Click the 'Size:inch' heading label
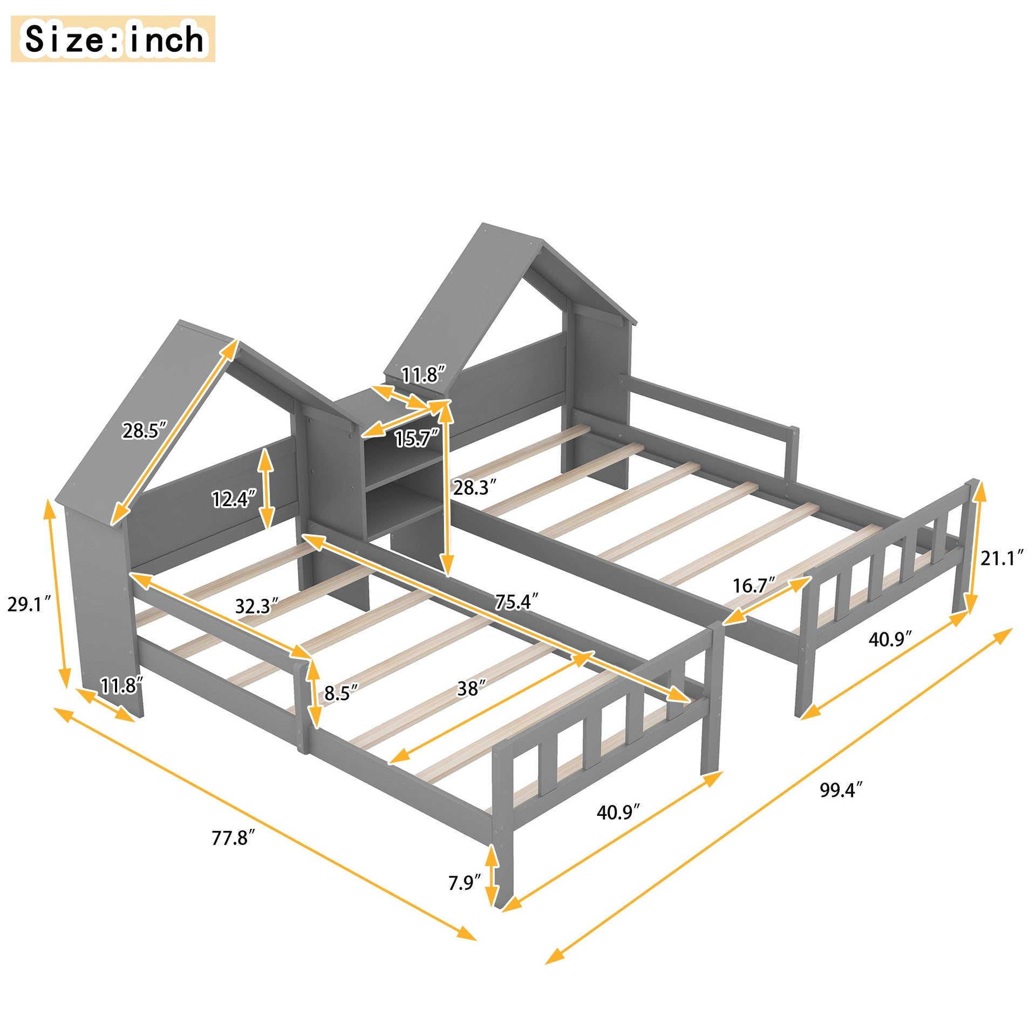(113, 39)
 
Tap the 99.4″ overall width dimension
(841, 790)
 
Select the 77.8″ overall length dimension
(233, 837)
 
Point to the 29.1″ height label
(28, 604)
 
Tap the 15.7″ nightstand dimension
(417, 439)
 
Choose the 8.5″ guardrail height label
(341, 693)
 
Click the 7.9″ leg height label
(464, 883)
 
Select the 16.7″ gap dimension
(754, 585)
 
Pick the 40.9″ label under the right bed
(890, 639)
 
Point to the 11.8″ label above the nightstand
(424, 374)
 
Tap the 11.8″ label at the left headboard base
(122, 686)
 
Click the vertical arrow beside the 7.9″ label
(492, 876)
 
